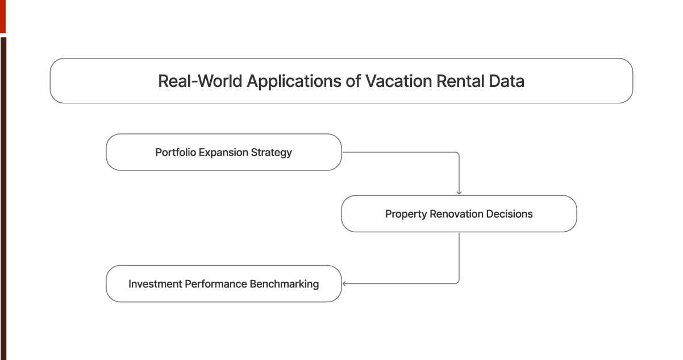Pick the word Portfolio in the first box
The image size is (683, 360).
pos(176,152)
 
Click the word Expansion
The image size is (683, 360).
pos(223,152)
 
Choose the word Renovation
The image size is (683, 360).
pos(456,214)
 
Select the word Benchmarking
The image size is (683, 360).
pos(285,283)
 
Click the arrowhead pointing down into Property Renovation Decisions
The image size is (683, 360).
pos(459,192)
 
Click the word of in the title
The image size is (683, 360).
pos(353,81)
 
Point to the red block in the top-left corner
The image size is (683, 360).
pos(2,16)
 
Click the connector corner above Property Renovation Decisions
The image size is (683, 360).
pos(458,153)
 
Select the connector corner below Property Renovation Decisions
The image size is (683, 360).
pos(458,283)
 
